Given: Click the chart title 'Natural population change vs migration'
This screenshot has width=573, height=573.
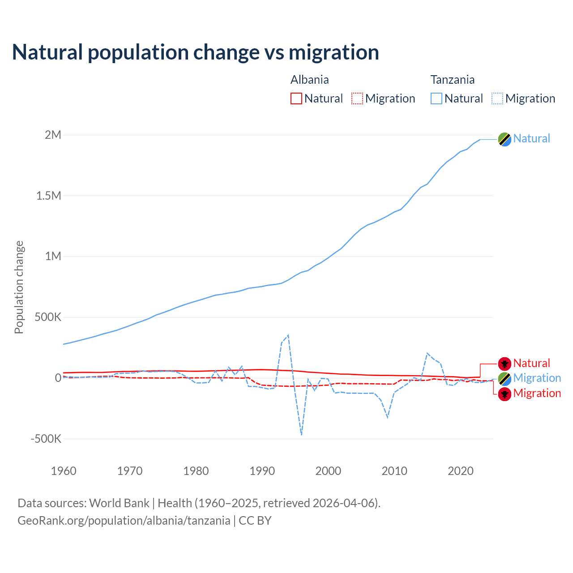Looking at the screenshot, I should (x=196, y=52).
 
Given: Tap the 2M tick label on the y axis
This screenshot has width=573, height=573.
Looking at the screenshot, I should (x=53, y=135).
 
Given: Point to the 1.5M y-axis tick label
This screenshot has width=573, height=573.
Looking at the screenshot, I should (x=49, y=196).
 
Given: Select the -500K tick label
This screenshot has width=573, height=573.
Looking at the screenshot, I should (x=46, y=439).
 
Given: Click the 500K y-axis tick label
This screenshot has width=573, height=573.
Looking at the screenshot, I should (x=48, y=317).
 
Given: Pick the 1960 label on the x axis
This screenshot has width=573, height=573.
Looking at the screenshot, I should (x=64, y=471).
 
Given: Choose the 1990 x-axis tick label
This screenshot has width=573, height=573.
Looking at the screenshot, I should (x=262, y=471).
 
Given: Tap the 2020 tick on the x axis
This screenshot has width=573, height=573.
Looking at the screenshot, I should (x=461, y=471).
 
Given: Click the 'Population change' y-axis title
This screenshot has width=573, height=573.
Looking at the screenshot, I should (x=19, y=287).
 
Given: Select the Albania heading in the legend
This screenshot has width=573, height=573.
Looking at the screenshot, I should (x=310, y=80).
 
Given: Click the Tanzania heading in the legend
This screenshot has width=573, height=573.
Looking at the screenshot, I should (x=453, y=80).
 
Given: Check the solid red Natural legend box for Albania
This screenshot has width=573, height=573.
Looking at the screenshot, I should (x=296, y=98).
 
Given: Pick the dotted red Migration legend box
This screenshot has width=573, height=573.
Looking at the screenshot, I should (x=357, y=98).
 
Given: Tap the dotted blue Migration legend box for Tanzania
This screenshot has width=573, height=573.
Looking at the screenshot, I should (x=497, y=98).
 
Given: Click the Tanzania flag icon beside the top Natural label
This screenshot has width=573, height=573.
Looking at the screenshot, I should (x=505, y=139).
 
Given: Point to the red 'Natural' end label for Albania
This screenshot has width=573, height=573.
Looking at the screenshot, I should (x=531, y=363).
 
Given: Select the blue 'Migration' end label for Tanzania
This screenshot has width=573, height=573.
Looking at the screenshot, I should (x=537, y=378).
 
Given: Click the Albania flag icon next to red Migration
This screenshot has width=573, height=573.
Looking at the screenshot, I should (x=505, y=394).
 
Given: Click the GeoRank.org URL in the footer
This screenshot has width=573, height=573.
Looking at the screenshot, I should (x=124, y=521).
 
